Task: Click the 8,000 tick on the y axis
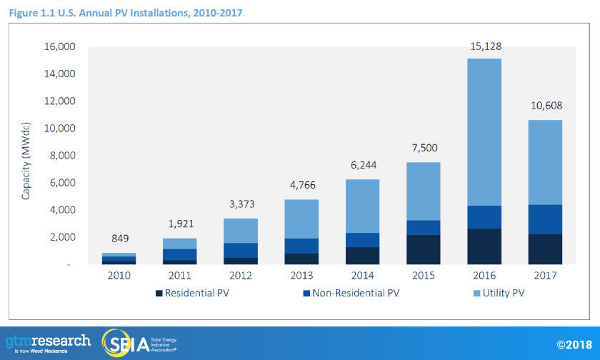tap(64, 156)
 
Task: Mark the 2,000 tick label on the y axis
tap(64, 237)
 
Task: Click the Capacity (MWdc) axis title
tap(26, 156)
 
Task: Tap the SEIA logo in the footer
tap(139, 342)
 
